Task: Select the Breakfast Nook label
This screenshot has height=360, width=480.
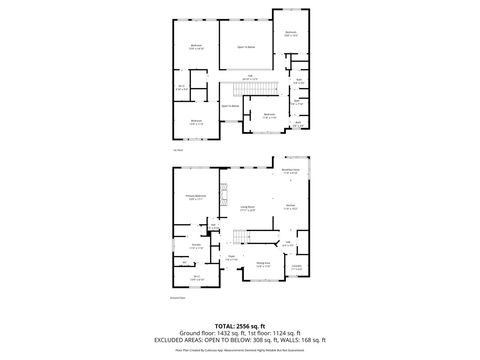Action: coord(290,172)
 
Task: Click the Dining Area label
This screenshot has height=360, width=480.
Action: coord(262,264)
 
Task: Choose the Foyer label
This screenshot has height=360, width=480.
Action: coord(231,256)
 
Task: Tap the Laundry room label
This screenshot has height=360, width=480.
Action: coord(296,267)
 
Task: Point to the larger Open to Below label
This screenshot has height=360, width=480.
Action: coord(244,46)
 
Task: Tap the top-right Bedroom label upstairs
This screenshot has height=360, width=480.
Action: coord(291,33)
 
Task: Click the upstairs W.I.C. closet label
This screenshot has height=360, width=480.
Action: coord(182,87)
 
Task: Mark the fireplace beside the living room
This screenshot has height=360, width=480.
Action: coord(223,190)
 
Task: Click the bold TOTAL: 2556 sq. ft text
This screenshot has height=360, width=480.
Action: coord(240,326)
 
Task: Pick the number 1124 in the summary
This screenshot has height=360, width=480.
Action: coord(277,333)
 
